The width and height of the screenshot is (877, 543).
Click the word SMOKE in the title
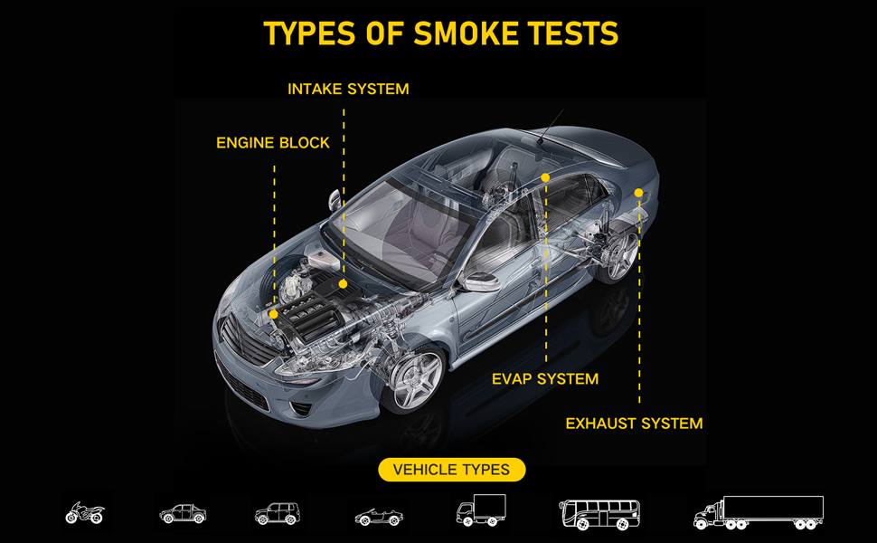(x=459, y=33)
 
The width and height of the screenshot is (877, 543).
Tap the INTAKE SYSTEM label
(x=348, y=89)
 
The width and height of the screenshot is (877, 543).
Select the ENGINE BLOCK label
(x=273, y=143)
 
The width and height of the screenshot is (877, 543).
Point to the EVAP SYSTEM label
(x=544, y=378)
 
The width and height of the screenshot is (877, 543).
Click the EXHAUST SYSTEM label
(x=634, y=423)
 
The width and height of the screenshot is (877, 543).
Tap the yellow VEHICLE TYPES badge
(x=452, y=470)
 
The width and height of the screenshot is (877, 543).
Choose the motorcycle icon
(x=84, y=513)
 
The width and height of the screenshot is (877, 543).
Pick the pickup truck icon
(x=183, y=514)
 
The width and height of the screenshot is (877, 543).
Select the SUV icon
(x=277, y=514)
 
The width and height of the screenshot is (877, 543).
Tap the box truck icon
(x=480, y=510)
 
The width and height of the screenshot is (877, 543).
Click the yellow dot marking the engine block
(x=274, y=314)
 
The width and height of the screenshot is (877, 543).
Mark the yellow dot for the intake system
(x=344, y=284)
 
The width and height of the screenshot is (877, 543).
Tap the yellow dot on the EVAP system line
(x=546, y=177)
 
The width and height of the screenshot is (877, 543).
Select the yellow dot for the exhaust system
(x=638, y=193)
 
